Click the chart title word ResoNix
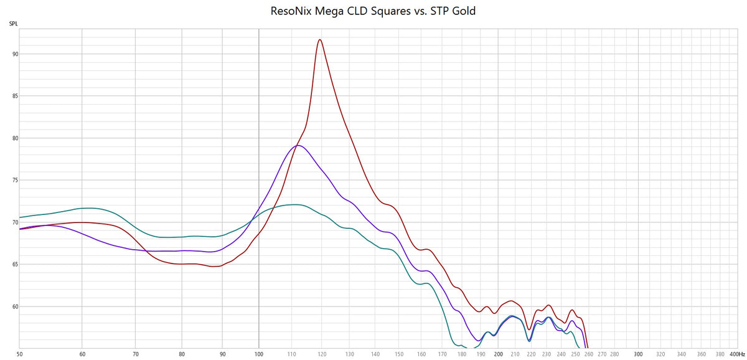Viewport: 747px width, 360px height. coord(293,11)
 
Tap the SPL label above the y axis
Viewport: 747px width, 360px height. coord(13,24)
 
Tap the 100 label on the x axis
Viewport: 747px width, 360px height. coord(259,354)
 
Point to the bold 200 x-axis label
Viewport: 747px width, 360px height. coord(498,354)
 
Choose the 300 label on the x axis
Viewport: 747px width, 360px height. coord(638,354)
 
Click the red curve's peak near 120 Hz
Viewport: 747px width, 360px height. coord(320,40)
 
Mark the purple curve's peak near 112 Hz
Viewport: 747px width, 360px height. coord(298,146)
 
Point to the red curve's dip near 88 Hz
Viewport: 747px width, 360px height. coord(215,267)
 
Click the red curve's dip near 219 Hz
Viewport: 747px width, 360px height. coord(529,329)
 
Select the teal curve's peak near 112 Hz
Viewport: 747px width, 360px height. coord(296,204)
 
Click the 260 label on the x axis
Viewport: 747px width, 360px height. coord(589,354)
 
